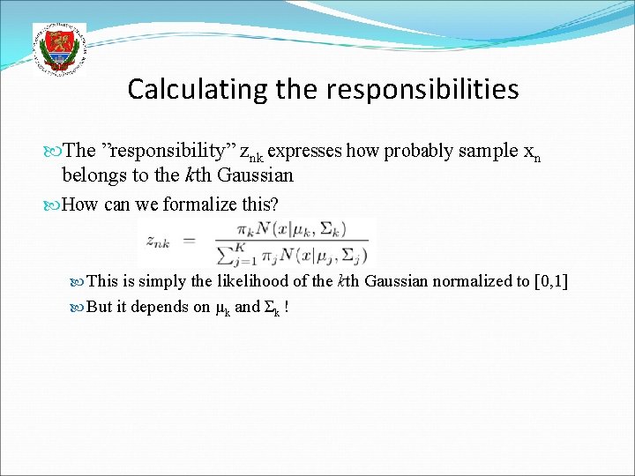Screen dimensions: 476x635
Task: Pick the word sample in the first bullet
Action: click(483, 151)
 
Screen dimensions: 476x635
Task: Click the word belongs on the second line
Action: click(93, 175)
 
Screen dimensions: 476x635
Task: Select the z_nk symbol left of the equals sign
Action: click(159, 240)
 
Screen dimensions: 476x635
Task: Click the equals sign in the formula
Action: click(199, 241)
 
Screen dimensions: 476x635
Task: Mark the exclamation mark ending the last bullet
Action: click(287, 308)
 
